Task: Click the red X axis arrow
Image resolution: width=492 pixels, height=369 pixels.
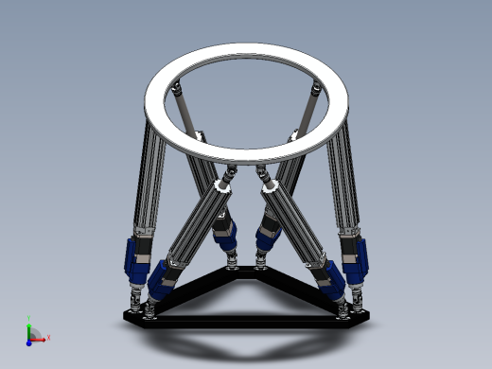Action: [x=41, y=337]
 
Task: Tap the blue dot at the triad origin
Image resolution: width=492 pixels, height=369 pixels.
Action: [x=30, y=338]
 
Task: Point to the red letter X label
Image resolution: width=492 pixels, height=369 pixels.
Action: [x=48, y=337]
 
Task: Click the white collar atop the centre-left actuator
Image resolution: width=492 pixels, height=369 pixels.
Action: [x=224, y=185]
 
